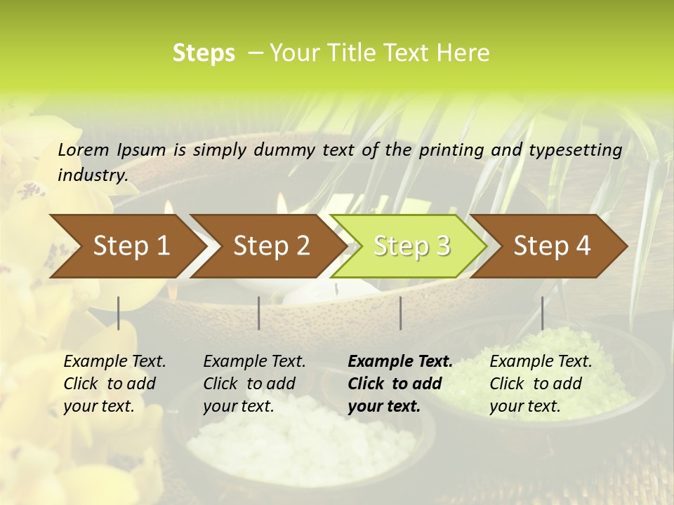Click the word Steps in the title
[204, 53]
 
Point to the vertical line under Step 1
[119, 313]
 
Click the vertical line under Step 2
[259, 313]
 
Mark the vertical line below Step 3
[401, 313]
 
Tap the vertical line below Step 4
[542, 313]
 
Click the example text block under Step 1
[114, 384]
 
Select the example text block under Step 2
[254, 384]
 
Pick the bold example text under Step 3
[400, 384]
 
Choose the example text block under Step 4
[541, 384]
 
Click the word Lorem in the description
[83, 149]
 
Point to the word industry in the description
[92, 175]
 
